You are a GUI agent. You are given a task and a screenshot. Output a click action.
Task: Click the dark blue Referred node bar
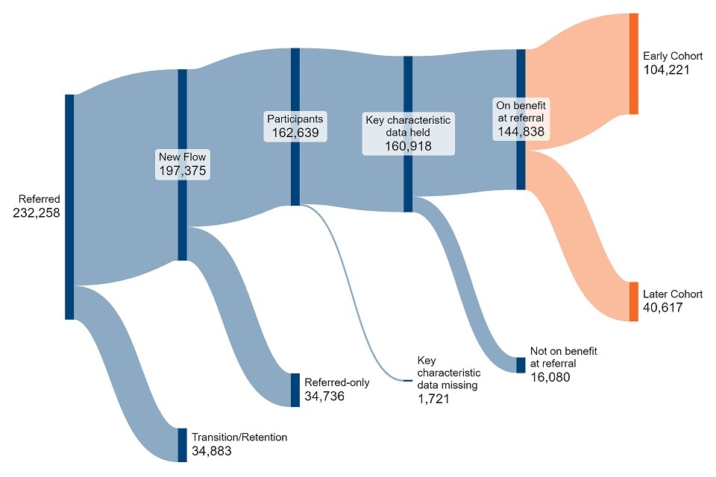[69, 206]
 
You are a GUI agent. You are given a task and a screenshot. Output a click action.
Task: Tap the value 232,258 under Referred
[37, 213]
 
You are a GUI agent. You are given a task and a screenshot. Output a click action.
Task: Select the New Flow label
[182, 157]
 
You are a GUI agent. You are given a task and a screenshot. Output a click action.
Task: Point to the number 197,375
[182, 171]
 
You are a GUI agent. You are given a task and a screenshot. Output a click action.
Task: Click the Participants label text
[295, 119]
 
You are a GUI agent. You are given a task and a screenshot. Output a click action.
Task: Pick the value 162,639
[295, 133]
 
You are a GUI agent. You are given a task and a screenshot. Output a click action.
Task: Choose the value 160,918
[408, 147]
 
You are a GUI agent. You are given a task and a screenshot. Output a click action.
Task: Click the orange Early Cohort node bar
[634, 63]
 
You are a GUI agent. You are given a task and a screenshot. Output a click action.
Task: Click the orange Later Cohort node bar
[634, 301]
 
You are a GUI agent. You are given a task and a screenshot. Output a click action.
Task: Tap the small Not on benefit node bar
[521, 364]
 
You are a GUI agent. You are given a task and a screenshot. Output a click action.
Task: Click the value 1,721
[436, 399]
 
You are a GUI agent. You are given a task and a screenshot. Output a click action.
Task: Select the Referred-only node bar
[295, 390]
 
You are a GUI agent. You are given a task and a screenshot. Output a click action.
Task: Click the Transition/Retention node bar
[182, 445]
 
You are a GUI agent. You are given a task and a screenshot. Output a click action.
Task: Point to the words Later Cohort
[673, 294]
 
